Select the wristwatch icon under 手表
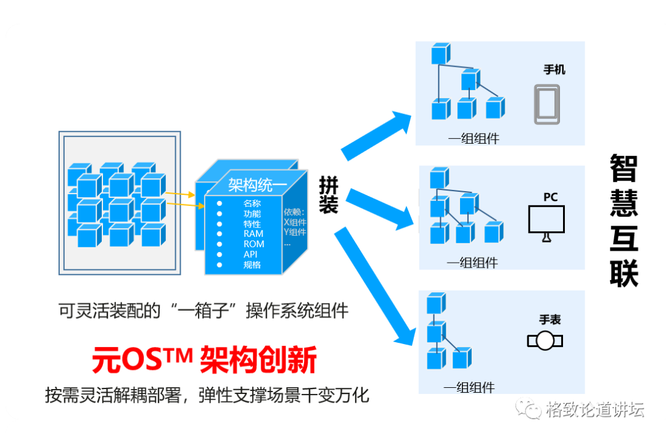click(x=545, y=341)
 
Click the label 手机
click(x=554, y=69)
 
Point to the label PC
click(x=550, y=197)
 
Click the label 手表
click(x=550, y=320)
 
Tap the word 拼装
click(x=328, y=195)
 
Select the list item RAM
click(x=253, y=234)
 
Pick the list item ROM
click(x=254, y=244)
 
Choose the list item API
click(x=250, y=254)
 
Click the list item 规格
click(x=252, y=265)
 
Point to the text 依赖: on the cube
click(x=294, y=212)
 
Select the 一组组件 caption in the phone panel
click(x=473, y=139)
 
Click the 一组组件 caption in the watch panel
click(x=469, y=388)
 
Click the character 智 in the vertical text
click(x=623, y=168)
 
